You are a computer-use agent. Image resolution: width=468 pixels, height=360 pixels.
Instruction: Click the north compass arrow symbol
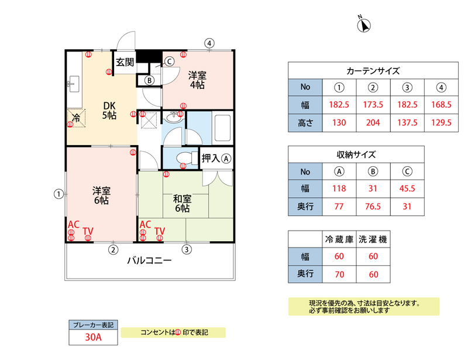364,25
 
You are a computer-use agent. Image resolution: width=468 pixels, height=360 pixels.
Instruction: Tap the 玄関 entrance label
125,62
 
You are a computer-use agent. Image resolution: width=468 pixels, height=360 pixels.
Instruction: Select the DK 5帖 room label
109,110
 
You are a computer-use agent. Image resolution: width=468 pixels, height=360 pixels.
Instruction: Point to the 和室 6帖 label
182,204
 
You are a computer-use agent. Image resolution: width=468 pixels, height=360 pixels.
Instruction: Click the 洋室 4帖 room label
197,80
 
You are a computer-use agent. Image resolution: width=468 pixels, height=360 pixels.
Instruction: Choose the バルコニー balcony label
150,260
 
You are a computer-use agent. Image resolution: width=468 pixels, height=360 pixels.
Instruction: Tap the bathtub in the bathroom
222,128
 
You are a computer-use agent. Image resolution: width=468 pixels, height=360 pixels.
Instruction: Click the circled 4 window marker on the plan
209,43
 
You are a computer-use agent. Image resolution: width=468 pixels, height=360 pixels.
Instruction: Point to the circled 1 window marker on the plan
59,194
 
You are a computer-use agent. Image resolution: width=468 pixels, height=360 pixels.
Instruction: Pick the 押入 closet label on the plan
211,158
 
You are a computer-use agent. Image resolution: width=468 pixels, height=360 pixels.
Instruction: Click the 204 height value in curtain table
373,123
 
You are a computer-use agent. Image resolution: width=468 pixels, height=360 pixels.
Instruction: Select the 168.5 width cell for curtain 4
441,105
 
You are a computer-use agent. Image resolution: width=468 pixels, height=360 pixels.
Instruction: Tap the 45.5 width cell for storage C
407,188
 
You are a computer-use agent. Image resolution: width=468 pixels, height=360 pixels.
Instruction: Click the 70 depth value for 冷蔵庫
339,275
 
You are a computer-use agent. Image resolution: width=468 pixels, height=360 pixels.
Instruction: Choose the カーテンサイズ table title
373,71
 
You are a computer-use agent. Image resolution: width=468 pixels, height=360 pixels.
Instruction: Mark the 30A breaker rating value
94,337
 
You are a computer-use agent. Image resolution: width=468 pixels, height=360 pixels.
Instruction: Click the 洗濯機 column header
373,239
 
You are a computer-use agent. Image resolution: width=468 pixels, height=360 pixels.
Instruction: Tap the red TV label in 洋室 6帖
88,231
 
